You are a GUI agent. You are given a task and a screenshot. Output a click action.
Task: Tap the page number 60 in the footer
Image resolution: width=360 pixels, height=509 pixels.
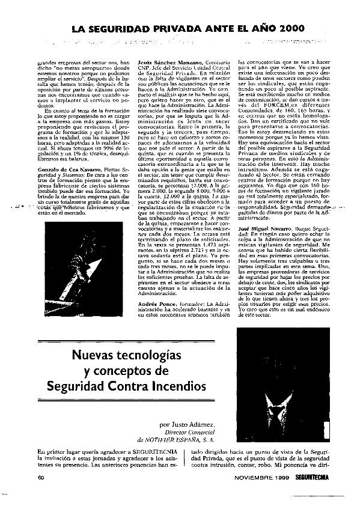pyautogui.click(x=41, y=477)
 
